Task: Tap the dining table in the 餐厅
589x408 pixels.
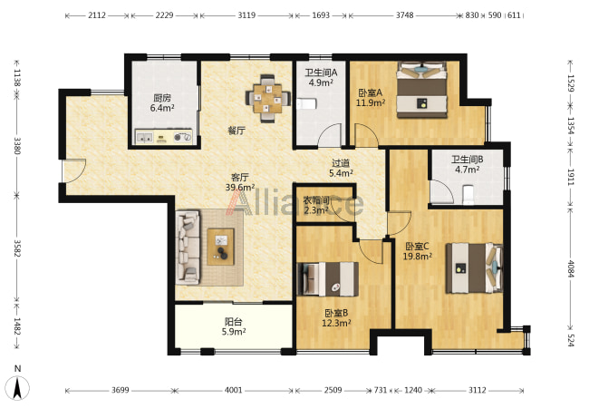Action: click(x=267, y=99)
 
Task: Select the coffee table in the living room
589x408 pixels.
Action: click(x=221, y=247)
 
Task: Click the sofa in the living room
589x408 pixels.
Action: click(x=188, y=248)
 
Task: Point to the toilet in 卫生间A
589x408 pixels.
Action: click(x=306, y=103)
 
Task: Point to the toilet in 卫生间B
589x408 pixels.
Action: click(x=468, y=195)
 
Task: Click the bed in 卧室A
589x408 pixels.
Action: click(x=422, y=90)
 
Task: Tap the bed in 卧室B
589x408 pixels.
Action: click(x=328, y=278)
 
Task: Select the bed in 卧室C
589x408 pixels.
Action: click(x=474, y=267)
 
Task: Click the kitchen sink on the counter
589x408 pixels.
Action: click(x=144, y=138)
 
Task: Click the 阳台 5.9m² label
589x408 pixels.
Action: click(x=233, y=326)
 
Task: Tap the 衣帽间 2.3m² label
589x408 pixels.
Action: click(x=316, y=205)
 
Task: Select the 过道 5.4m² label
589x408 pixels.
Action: click(x=341, y=169)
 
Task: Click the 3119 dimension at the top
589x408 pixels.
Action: click(x=246, y=15)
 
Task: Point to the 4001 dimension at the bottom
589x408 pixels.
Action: click(x=233, y=391)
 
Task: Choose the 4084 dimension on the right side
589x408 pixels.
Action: click(x=571, y=268)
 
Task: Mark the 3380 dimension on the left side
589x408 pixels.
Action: click(x=17, y=146)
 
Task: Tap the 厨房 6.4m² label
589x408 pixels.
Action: click(x=162, y=103)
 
